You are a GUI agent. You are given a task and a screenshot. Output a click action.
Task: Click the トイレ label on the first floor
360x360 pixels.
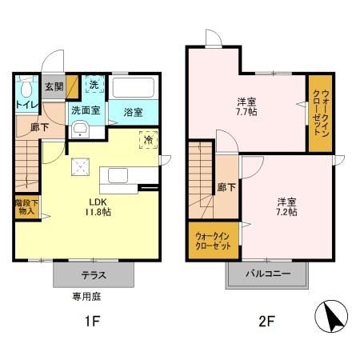coord(25,104)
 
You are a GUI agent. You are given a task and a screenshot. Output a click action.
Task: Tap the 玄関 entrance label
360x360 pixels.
coord(54,87)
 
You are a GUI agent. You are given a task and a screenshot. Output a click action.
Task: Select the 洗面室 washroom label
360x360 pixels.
coord(86,110)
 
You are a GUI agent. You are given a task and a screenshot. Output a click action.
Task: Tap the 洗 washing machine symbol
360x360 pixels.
coord(94,86)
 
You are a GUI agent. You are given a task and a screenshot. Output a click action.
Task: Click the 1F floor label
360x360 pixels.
coord(91,323)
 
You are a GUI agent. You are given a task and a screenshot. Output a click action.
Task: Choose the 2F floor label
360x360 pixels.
coord(267,323)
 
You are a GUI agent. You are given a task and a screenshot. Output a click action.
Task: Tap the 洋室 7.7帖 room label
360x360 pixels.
coord(246,107)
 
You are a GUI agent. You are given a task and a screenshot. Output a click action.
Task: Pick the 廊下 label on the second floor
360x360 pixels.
coord(226,188)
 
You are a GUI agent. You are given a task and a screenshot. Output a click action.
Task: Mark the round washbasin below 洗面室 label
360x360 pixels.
coord(80,131)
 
